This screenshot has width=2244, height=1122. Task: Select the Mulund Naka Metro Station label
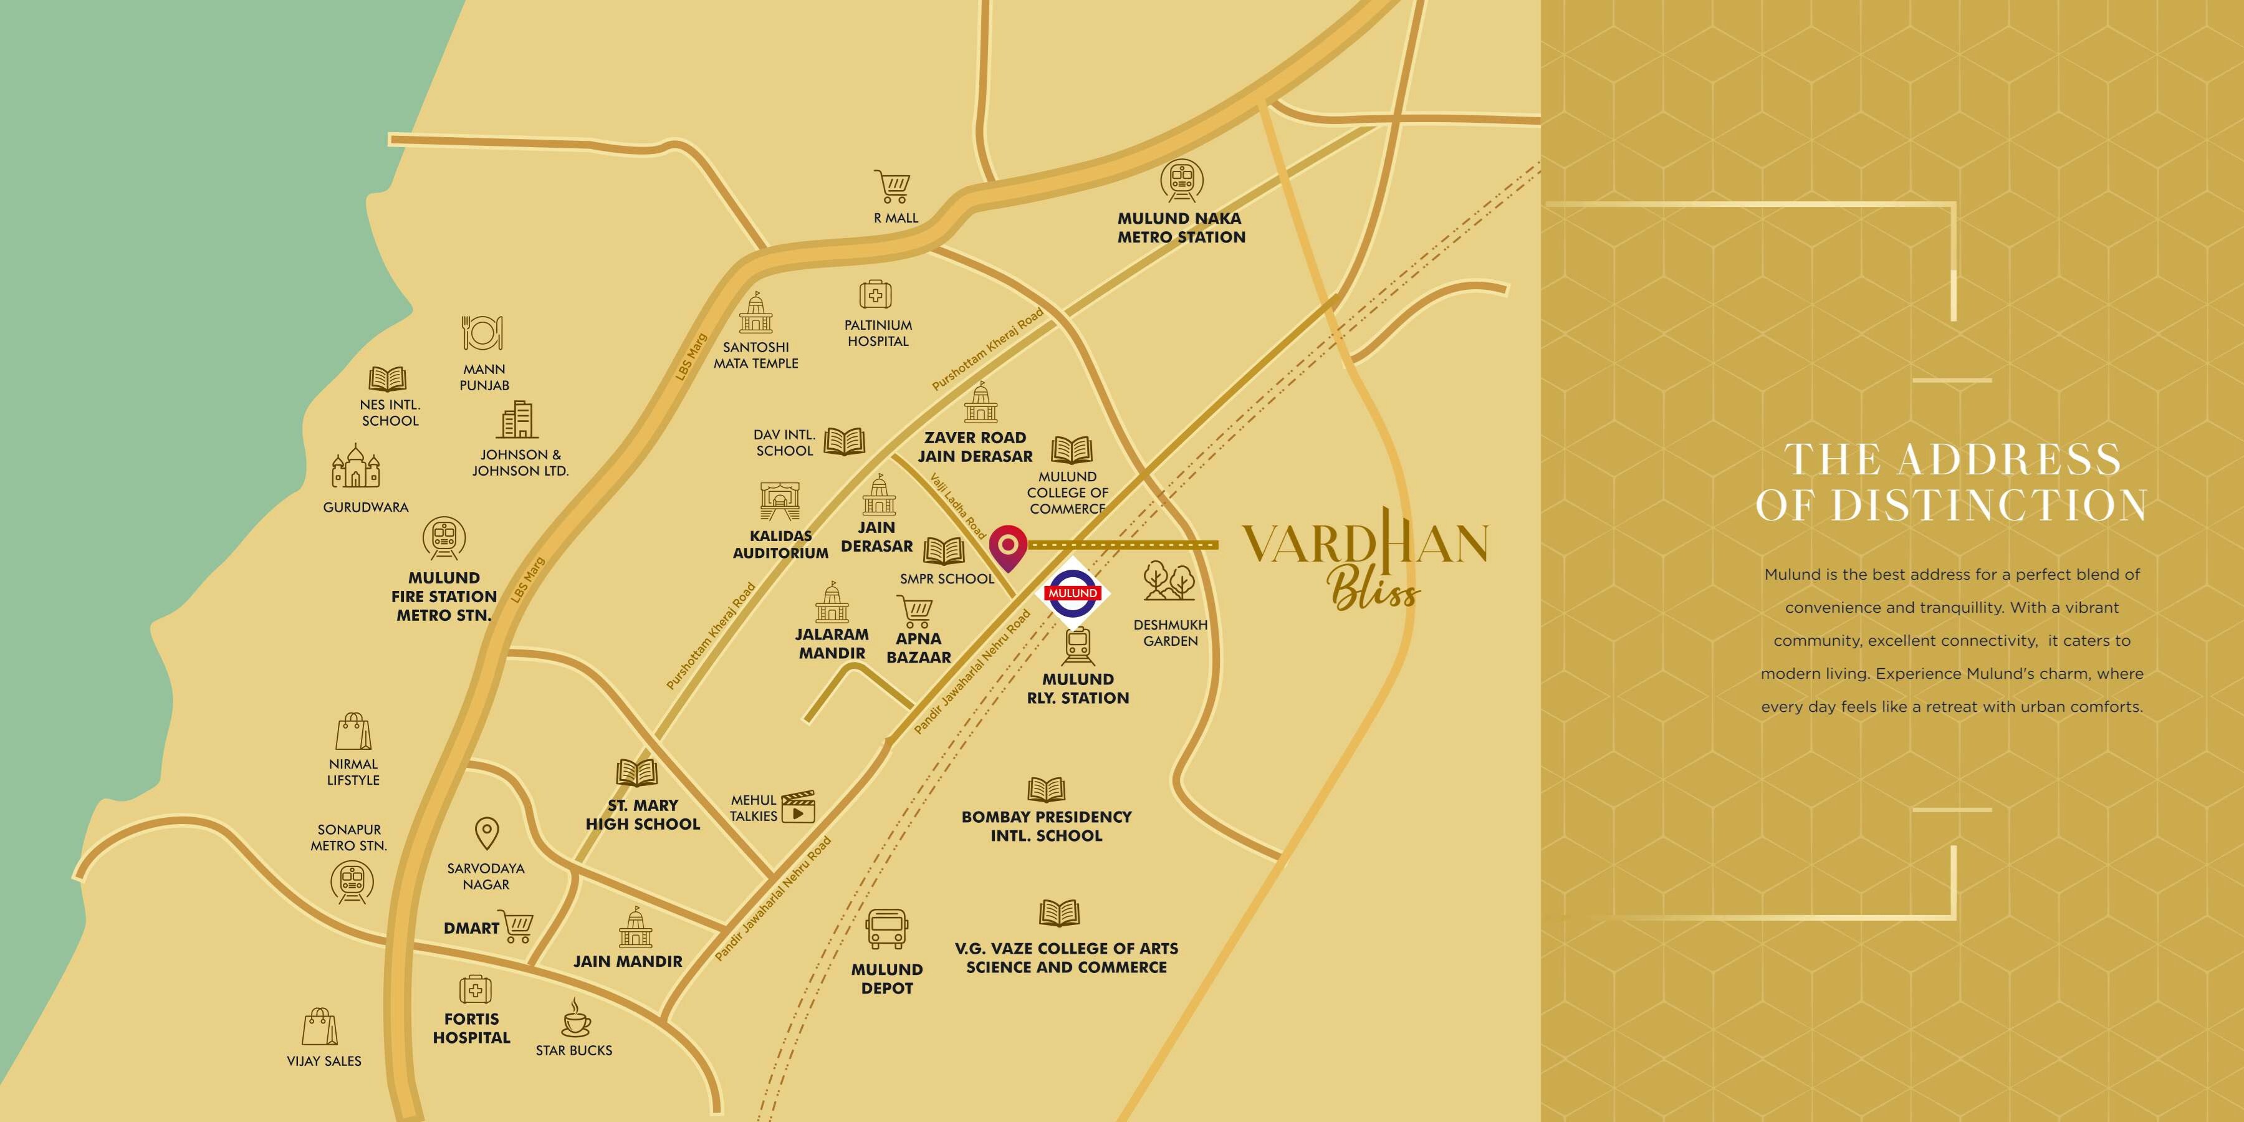coord(1181,228)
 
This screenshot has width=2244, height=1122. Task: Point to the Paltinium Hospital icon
coord(876,295)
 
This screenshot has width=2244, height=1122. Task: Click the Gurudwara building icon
coord(355,467)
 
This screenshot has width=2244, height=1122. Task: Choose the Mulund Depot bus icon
coord(887,929)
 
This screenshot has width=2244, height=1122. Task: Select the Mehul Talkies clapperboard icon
coord(798,807)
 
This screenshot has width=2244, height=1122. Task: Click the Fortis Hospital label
coord(471,1028)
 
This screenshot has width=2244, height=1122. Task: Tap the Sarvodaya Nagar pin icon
coord(486,833)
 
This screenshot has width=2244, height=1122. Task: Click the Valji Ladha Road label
coord(957,506)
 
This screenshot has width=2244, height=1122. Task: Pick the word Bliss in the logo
coord(1374,592)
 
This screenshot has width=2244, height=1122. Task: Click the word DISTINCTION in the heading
coord(1989,506)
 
